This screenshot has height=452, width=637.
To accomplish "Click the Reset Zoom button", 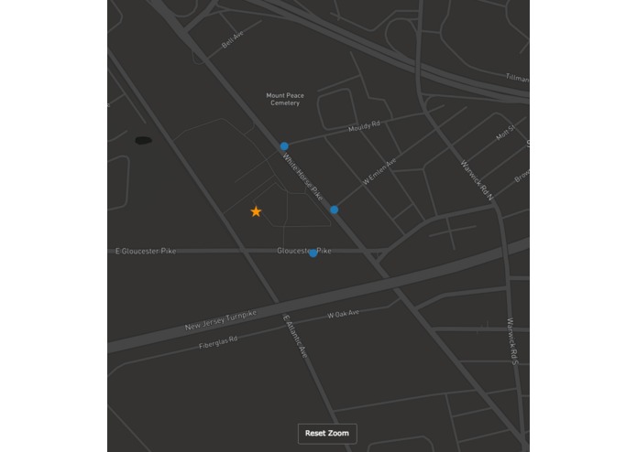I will click(327, 433).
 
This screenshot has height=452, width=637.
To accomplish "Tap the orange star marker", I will click(256, 211).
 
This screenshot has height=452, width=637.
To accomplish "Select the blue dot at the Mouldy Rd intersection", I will click(284, 146).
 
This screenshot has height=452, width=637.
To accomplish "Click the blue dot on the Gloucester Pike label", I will click(313, 253).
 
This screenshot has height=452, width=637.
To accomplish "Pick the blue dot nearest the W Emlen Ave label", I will click(334, 210).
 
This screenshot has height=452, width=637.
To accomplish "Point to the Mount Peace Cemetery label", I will click(285, 99).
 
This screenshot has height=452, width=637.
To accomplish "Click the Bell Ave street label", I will click(233, 39).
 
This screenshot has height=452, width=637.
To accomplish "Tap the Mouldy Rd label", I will click(364, 126).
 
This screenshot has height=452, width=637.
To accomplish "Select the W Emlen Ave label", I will click(379, 172).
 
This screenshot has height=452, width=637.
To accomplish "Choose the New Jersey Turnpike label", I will click(221, 320).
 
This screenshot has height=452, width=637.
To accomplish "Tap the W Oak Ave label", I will click(344, 314).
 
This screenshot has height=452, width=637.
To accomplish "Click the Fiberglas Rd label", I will click(218, 342).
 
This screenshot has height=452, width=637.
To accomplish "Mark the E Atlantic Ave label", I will click(295, 337).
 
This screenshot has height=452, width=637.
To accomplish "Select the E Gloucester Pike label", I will click(146, 251).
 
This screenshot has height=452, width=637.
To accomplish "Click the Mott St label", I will click(505, 133).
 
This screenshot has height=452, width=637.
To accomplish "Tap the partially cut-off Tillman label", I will click(517, 79).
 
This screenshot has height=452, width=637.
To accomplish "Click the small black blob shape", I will click(143, 141).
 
